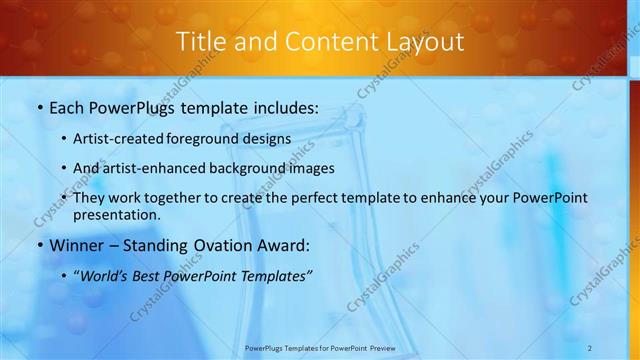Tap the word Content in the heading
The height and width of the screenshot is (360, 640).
pyautogui.click(x=319, y=41)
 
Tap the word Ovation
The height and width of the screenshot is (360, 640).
pyautogui.click(x=213, y=245)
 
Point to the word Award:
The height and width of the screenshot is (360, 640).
pyautogui.click(x=283, y=245)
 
